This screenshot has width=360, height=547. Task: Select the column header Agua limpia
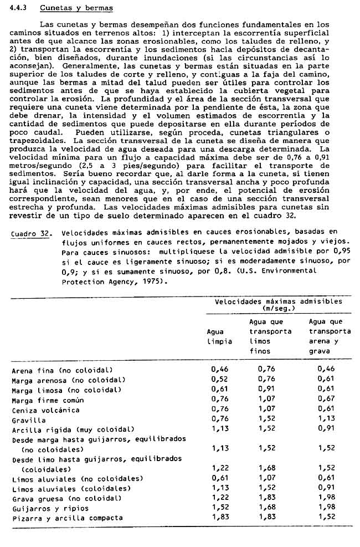219,336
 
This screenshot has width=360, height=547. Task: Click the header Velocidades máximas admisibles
278,305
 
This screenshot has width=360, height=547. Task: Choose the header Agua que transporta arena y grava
330,336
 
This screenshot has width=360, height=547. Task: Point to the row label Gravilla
29,420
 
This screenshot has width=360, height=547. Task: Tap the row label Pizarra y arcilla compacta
67,518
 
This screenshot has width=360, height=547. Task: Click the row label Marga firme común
48,400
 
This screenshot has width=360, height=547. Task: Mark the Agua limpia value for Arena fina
220,369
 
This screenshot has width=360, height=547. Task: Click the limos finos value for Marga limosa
268,390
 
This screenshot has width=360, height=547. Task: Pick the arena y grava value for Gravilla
327,420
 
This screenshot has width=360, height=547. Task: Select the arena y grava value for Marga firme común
327,400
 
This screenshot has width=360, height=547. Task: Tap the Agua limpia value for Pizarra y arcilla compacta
220,518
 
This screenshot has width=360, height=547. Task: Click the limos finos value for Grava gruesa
268,498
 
